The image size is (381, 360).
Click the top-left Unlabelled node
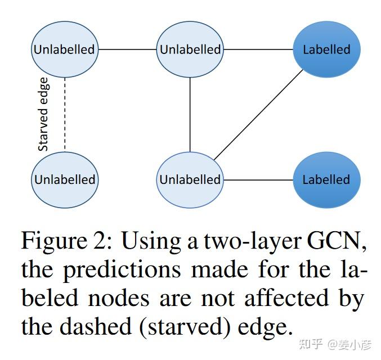(x=64, y=49)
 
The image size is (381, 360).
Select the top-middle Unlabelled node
(x=190, y=49)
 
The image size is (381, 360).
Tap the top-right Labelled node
(x=326, y=49)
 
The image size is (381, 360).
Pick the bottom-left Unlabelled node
(x=64, y=180)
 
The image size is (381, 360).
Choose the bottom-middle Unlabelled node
(x=190, y=180)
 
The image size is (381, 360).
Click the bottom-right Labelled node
(x=326, y=180)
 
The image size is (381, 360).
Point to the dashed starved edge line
(x=65, y=115)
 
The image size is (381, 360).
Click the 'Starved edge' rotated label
(x=43, y=115)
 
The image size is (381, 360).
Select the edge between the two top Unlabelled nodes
(x=127, y=49)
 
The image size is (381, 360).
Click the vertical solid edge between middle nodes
(x=190, y=115)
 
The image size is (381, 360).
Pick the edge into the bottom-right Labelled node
(x=258, y=180)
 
